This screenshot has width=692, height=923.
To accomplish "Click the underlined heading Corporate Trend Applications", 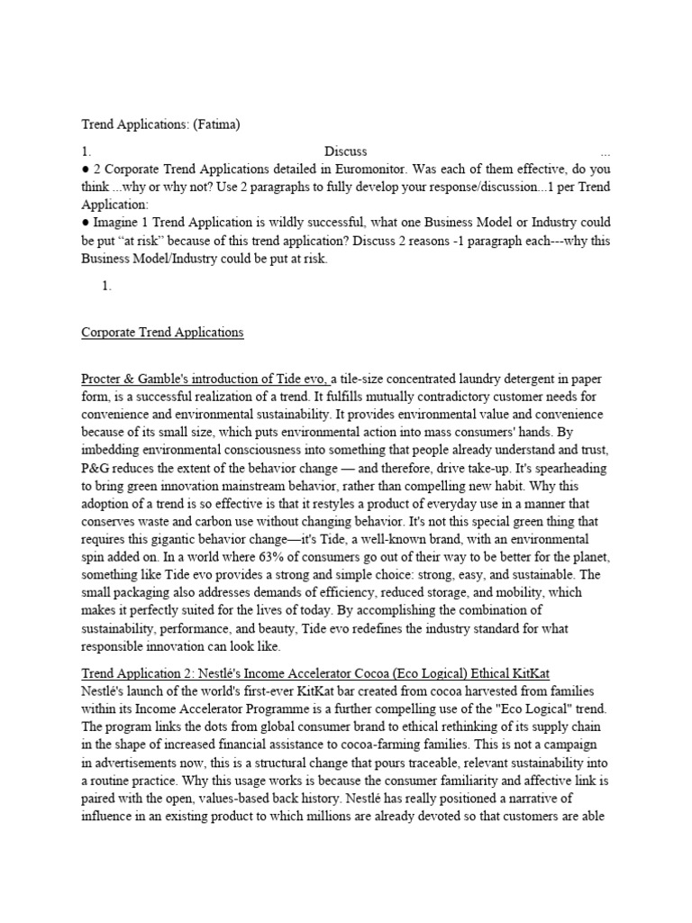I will pos(162,332).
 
